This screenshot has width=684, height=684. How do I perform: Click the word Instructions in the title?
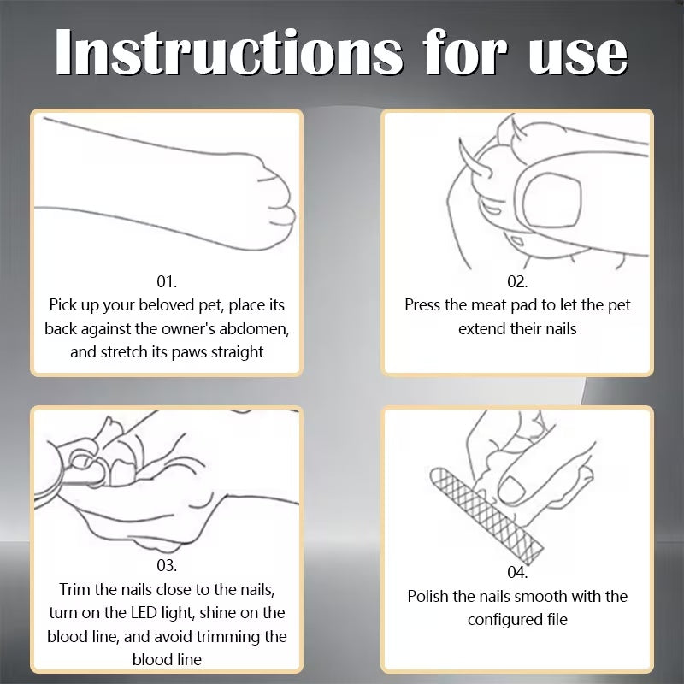(x=229, y=51)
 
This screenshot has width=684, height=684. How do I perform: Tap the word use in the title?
(x=578, y=56)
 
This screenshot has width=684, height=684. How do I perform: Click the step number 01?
(x=167, y=282)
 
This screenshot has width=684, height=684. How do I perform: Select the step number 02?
(x=517, y=282)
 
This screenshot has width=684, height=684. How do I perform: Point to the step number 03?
(x=167, y=566)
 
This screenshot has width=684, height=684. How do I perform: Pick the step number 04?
(x=517, y=572)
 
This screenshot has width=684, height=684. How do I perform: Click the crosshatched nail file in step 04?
(x=486, y=516)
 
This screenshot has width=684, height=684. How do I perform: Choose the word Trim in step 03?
(x=74, y=589)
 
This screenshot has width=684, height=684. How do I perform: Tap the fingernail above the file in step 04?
(x=511, y=489)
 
